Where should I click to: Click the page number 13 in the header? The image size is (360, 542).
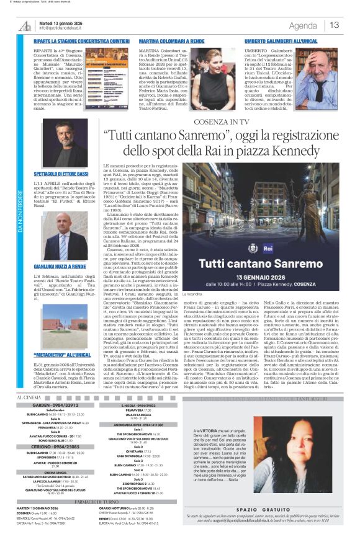335,25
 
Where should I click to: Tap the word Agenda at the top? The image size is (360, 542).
303,25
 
